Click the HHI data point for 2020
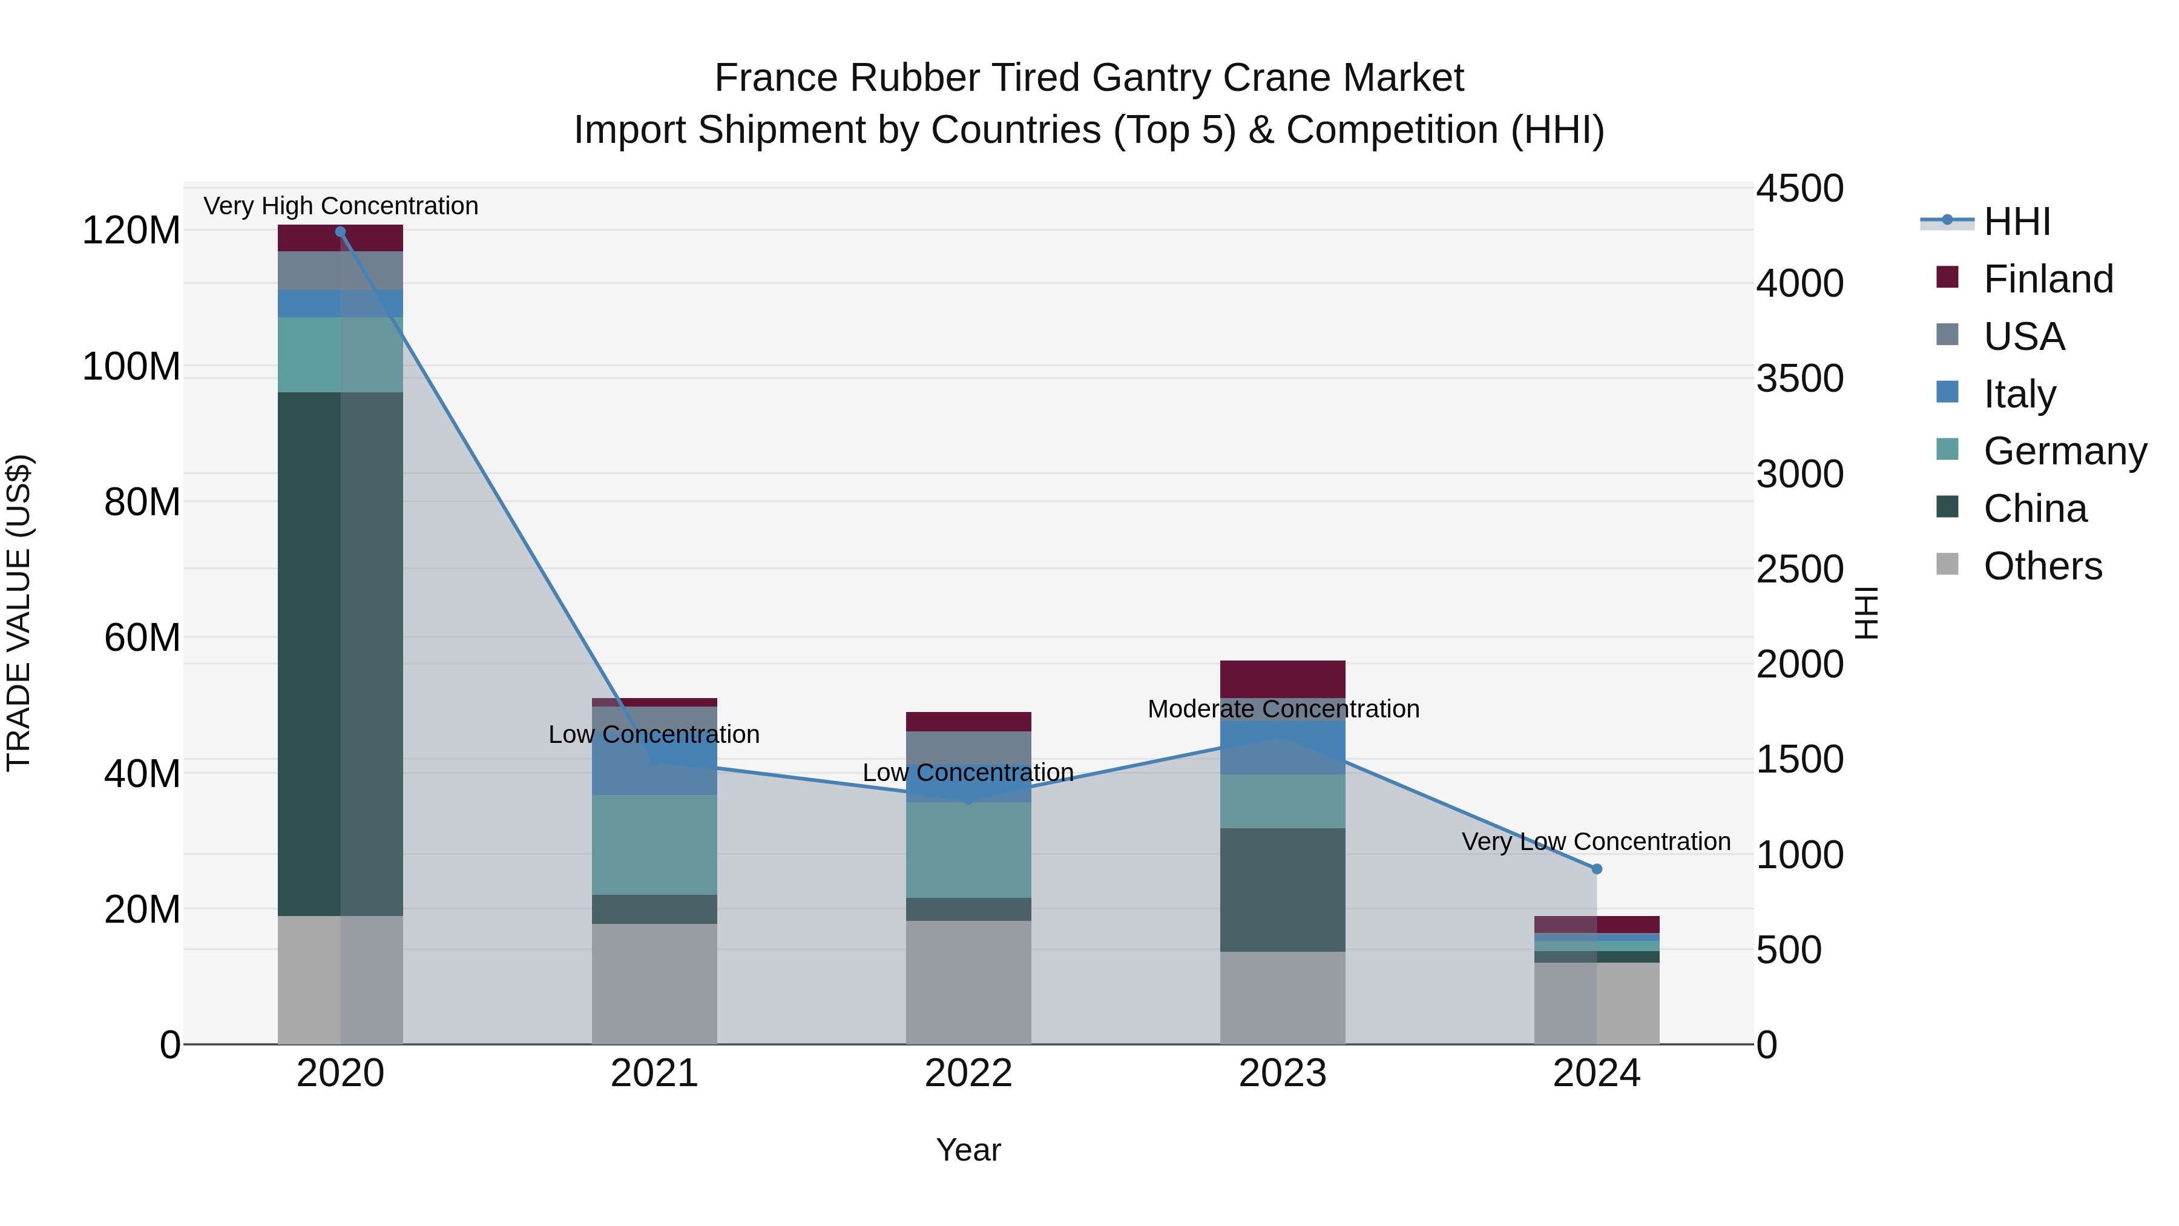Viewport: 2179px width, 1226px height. (340, 232)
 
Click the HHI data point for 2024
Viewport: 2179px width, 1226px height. (1596, 869)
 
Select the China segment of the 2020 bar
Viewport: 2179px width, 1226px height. (340, 653)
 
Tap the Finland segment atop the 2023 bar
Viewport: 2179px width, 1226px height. (1283, 679)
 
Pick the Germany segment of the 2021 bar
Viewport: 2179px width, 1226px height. (654, 845)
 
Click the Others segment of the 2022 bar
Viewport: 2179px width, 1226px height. (968, 981)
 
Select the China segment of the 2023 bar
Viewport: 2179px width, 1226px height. (1283, 889)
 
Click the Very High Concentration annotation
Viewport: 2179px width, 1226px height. (341, 206)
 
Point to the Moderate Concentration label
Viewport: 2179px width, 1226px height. (1283, 709)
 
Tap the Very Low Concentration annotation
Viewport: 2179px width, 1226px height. (1596, 842)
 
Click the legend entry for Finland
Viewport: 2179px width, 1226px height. (2048, 279)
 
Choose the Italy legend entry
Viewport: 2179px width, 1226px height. (2019, 394)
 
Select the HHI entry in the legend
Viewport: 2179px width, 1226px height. (2017, 222)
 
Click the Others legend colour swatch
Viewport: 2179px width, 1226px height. (1947, 564)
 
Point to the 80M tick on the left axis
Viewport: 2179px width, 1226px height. (142, 503)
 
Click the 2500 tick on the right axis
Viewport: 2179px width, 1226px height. (1799, 570)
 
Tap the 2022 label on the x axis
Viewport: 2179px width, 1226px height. (968, 1073)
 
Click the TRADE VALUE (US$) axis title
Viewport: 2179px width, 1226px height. (19, 613)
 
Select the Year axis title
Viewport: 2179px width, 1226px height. (968, 1150)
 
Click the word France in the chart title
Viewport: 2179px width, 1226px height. (777, 78)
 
